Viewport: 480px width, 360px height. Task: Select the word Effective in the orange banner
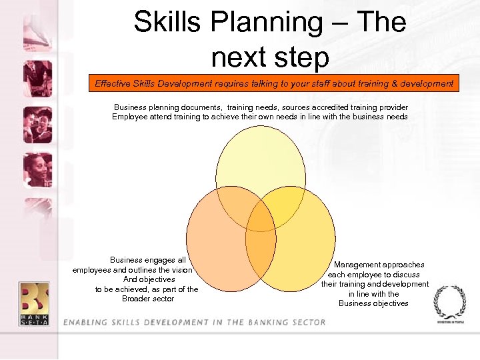click(x=113, y=83)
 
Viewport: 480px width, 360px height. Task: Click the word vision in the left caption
click(x=180, y=270)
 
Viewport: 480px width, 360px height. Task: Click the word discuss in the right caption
click(x=405, y=275)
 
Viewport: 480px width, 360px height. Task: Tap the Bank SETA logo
click(x=34, y=303)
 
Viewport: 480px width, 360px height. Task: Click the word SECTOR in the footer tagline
click(x=307, y=323)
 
